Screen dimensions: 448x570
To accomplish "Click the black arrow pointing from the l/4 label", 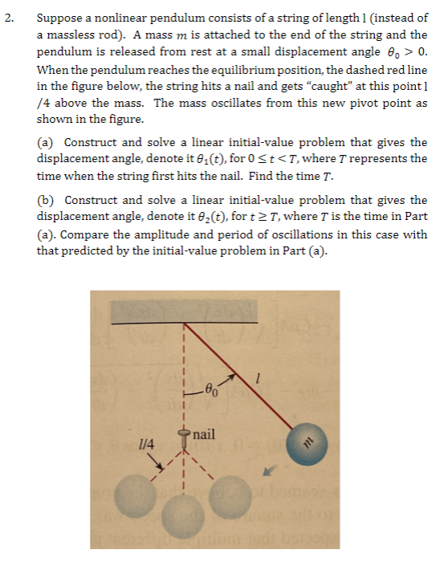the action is click(167, 463).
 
